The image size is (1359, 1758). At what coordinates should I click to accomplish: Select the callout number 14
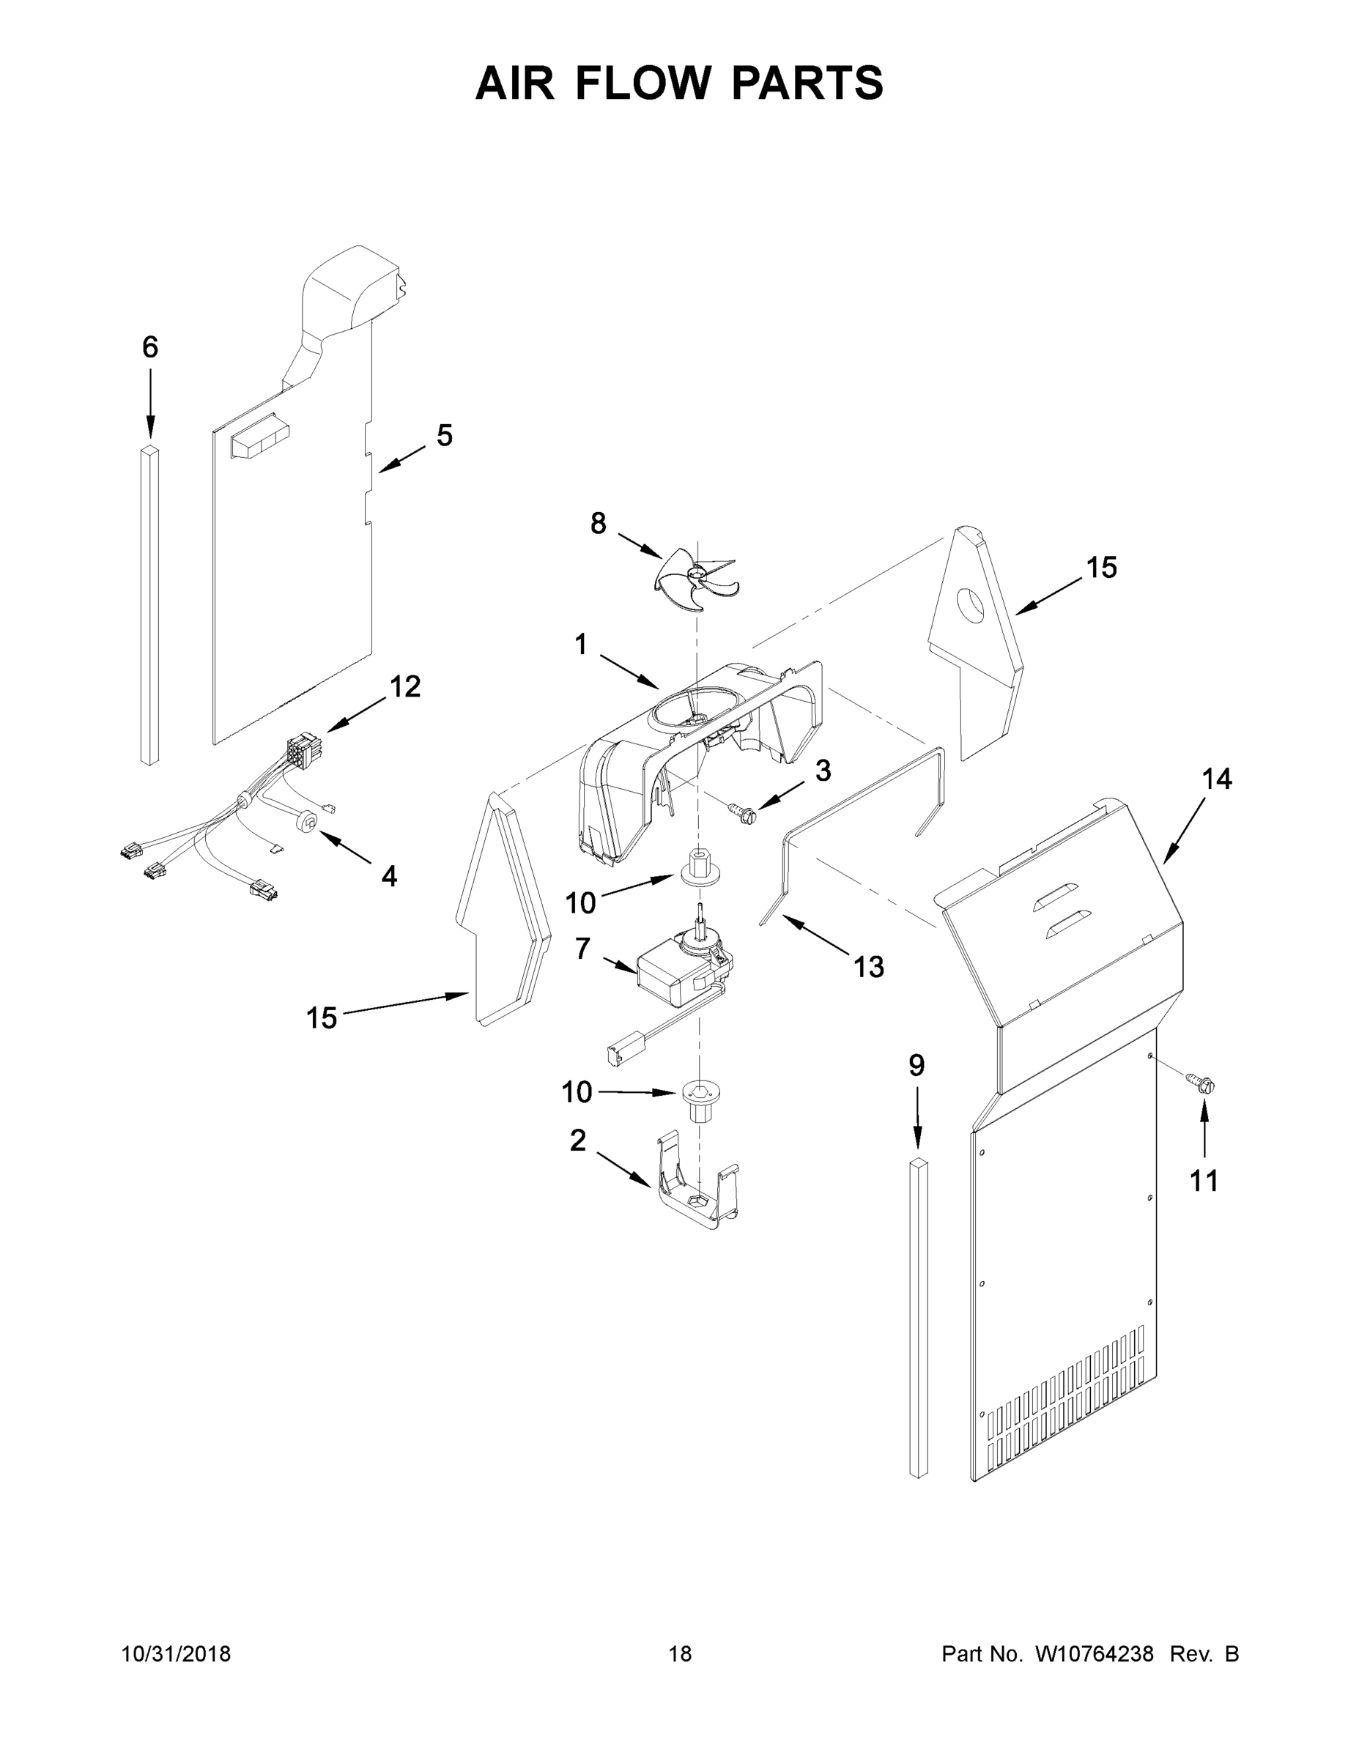(1216, 779)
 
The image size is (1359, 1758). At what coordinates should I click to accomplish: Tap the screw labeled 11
(1202, 1084)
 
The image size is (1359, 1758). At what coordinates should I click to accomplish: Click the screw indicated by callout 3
(745, 814)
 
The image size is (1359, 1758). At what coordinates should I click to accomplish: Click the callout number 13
(869, 966)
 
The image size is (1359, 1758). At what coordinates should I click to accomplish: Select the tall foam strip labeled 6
(149, 604)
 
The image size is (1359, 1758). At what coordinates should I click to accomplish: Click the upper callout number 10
(579, 903)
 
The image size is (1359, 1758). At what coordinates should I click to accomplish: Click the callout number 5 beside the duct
(445, 436)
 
